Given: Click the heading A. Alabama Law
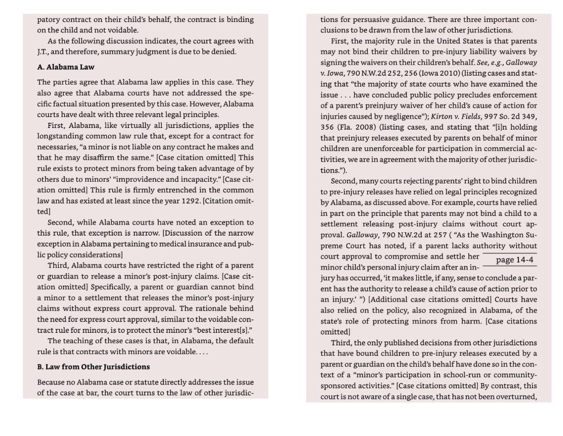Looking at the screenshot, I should pyautogui.click(x=65, y=67).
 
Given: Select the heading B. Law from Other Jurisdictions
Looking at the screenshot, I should pyautogui.click(x=93, y=366).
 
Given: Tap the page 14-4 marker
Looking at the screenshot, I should pyautogui.click(x=514, y=260).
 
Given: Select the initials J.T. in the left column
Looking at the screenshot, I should pyautogui.click(x=43, y=51).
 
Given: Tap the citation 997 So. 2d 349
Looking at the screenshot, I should pyautogui.click(x=511, y=116).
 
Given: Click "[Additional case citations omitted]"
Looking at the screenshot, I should pyautogui.click(x=429, y=299).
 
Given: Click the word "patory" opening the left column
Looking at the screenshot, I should pyautogui.click(x=48, y=19).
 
